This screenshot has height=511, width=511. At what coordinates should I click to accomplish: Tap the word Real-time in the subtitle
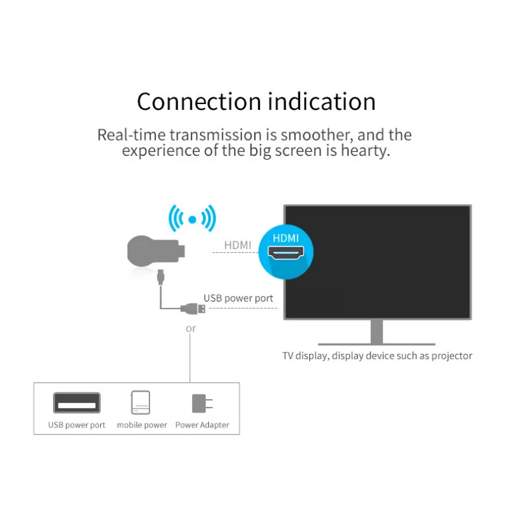(x=126, y=135)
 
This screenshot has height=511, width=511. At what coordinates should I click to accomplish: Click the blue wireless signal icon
(x=192, y=219)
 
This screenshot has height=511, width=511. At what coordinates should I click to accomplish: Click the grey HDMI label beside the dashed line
(x=238, y=245)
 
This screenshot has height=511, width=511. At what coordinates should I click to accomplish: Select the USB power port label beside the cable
(x=238, y=298)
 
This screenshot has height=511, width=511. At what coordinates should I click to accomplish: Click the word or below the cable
(x=190, y=328)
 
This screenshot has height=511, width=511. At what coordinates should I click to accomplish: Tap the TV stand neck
(x=377, y=331)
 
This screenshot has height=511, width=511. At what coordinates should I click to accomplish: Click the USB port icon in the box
(x=77, y=403)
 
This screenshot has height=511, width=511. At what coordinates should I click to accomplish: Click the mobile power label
(x=142, y=425)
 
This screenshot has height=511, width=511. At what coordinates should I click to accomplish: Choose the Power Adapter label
(x=202, y=425)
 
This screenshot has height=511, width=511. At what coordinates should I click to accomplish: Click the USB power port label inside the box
(x=77, y=425)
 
